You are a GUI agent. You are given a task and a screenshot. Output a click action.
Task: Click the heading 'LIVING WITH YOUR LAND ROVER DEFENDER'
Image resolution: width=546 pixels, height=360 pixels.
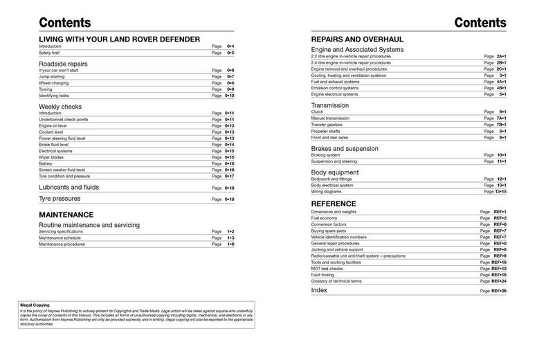[x=119, y=39]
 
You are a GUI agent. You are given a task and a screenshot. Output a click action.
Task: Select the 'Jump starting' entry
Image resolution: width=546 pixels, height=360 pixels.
[x=53, y=77]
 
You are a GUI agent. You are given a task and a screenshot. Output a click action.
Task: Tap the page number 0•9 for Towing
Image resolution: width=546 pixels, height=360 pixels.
[x=230, y=89]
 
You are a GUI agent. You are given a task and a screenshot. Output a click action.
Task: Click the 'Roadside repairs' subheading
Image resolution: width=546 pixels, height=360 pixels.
[x=63, y=64]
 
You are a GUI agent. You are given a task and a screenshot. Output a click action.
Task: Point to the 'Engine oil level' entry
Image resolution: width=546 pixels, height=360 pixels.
[x=54, y=126]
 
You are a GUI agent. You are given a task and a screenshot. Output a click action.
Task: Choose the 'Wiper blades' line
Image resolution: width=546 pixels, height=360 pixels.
[x=52, y=157]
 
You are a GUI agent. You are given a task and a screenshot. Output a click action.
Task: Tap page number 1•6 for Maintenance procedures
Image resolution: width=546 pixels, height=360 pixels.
[x=230, y=244]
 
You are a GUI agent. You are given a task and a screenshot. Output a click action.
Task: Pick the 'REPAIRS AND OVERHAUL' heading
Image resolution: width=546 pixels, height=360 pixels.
[x=357, y=39]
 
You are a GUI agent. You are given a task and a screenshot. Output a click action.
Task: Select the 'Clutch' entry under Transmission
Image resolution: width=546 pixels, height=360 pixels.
[x=317, y=111]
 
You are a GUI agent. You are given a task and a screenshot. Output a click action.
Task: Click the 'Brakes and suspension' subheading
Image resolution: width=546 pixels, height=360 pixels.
[x=345, y=149]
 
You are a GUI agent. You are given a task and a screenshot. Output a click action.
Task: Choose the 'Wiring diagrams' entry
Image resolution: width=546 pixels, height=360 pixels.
[x=326, y=191]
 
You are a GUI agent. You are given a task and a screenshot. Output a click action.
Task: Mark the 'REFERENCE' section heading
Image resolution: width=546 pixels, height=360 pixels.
[x=334, y=204]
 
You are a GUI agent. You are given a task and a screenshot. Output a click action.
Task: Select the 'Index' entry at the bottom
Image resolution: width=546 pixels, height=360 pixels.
[x=319, y=291]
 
